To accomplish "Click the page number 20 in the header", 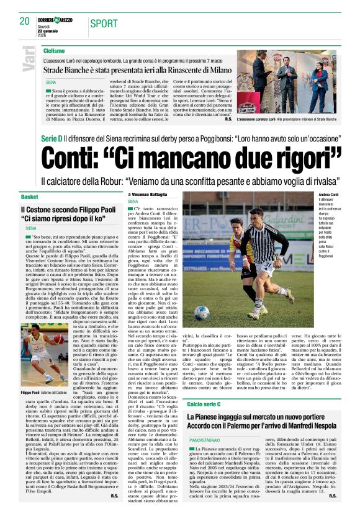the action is coord(24,22).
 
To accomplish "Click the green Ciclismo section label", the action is coord(54,50).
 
